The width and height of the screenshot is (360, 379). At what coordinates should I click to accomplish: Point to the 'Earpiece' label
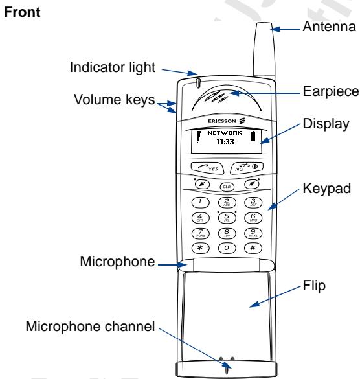328,93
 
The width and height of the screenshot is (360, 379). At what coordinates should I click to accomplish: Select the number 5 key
227,218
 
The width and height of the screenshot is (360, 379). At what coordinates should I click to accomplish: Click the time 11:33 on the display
226,141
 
